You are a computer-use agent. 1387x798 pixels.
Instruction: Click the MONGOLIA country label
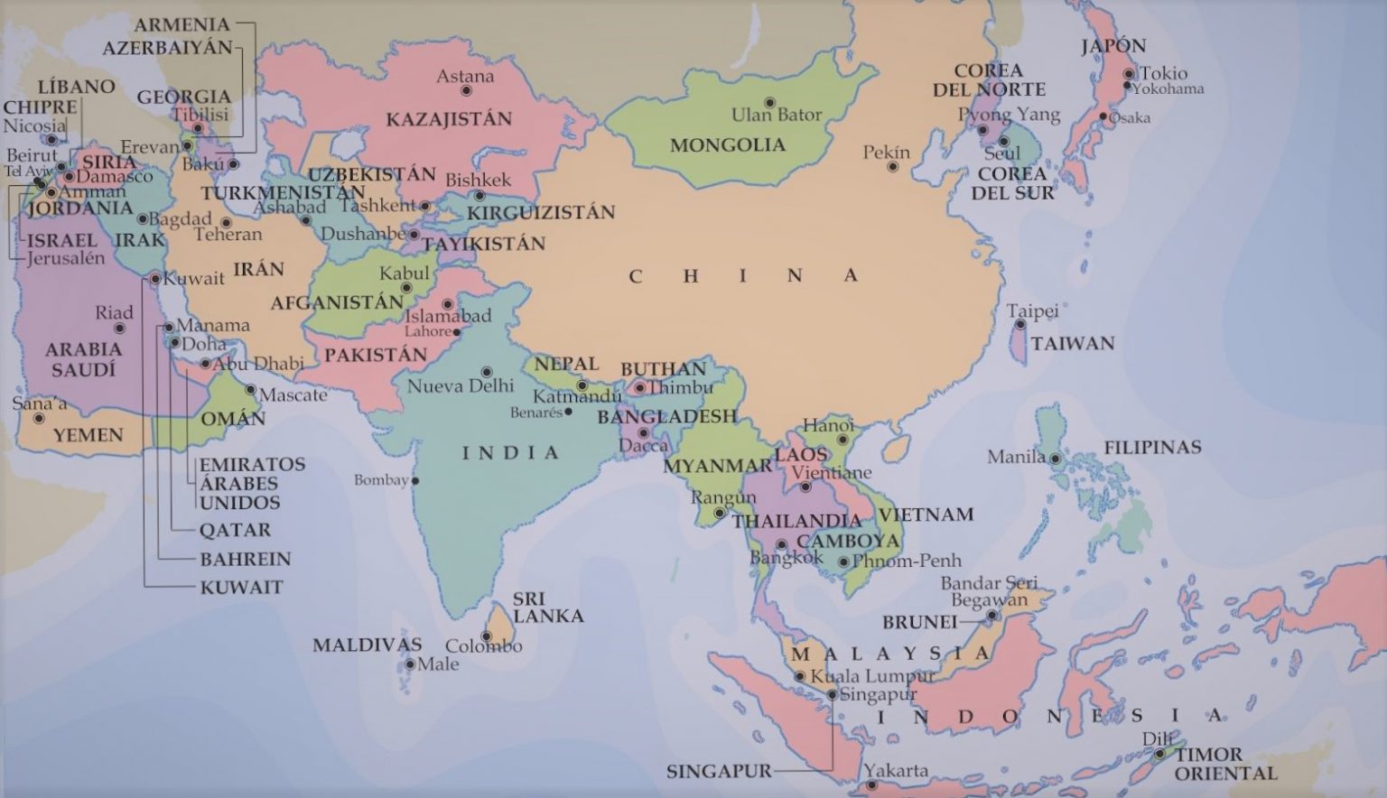tap(727, 145)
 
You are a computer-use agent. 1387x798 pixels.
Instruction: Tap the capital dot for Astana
tap(466, 91)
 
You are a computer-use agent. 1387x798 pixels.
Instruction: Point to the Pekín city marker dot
tap(892, 167)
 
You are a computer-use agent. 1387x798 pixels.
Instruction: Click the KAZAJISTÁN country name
tap(449, 119)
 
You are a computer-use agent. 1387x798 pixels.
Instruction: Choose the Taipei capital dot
tap(1019, 325)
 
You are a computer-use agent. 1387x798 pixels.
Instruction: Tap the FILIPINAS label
tap(1152, 447)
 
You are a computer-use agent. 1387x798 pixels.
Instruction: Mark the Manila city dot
tap(1054, 459)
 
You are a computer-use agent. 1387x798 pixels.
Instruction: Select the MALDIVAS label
tap(367, 645)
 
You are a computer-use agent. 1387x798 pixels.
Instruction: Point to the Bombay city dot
tap(415, 481)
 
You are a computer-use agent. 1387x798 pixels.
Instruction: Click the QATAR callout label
tap(235, 530)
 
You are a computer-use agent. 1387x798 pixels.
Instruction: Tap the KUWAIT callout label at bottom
tap(241, 588)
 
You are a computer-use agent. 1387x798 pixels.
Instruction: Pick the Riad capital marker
tap(119, 329)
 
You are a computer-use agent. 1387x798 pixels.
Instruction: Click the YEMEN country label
tap(88, 435)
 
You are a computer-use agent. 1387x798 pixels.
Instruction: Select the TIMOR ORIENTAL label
tap(1224, 764)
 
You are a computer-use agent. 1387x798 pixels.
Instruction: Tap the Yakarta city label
tap(896, 770)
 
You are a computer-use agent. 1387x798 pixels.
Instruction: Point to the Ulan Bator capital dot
tap(769, 103)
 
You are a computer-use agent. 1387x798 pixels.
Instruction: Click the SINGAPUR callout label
tap(719, 772)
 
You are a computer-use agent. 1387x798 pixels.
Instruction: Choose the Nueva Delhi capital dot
tap(487, 372)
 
